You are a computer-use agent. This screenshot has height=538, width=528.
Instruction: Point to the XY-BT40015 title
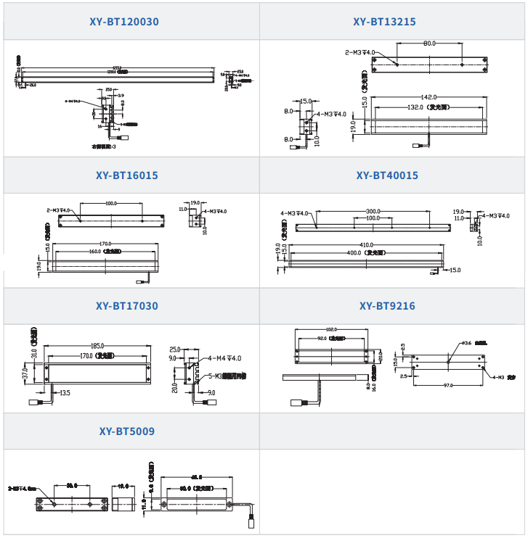click(x=387, y=175)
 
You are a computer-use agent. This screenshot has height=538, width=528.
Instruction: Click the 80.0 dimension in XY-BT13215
click(x=429, y=44)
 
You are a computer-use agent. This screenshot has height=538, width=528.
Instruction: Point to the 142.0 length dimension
click(x=429, y=97)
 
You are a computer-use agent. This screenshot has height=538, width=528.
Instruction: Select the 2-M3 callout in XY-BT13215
click(x=360, y=52)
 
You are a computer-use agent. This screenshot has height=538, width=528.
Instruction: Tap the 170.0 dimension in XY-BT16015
click(x=105, y=244)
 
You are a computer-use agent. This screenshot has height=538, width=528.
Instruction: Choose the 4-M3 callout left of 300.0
click(x=295, y=213)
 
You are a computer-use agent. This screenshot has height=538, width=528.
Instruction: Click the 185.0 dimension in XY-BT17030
click(x=97, y=346)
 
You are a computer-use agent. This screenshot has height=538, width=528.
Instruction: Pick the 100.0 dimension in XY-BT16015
click(x=111, y=204)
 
